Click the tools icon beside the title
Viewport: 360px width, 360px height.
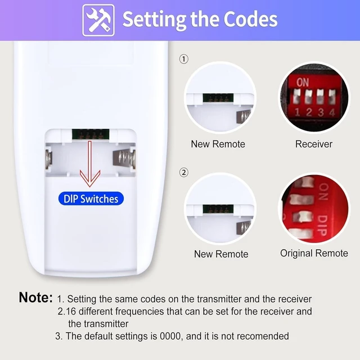(x=98, y=20)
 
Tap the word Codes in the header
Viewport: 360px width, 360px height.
(x=250, y=19)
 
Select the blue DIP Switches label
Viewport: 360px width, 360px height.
(x=91, y=199)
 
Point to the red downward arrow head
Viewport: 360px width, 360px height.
(x=90, y=178)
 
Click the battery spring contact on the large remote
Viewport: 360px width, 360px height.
(x=124, y=158)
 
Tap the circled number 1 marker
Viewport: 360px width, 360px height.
(x=184, y=59)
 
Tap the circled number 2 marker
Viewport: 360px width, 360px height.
(x=184, y=173)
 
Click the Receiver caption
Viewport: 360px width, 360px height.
(x=314, y=144)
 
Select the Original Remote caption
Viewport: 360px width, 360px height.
(x=314, y=253)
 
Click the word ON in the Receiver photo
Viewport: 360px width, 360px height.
(x=303, y=82)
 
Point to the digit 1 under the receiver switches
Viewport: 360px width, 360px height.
(x=298, y=112)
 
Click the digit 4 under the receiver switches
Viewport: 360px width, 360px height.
(x=332, y=112)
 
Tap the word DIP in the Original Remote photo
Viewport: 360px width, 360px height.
(x=323, y=225)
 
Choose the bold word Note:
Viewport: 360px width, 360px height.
(x=36, y=298)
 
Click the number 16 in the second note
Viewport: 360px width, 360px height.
(x=71, y=312)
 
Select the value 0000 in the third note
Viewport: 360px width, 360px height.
(x=170, y=336)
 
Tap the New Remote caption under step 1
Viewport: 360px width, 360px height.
(x=218, y=144)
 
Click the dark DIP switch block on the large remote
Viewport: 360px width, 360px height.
(x=91, y=134)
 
